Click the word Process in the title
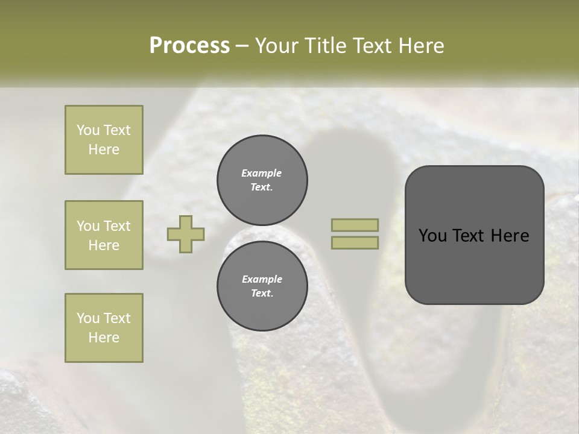pyautogui.click(x=189, y=46)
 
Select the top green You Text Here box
pyautogui.click(x=104, y=140)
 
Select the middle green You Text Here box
pyautogui.click(x=104, y=235)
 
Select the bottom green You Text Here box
pyautogui.click(x=104, y=327)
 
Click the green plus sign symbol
pyautogui.click(x=186, y=234)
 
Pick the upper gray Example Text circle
pyautogui.click(x=262, y=180)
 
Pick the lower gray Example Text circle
pyautogui.click(x=262, y=286)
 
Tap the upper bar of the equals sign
pyautogui.click(x=355, y=225)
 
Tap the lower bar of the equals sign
pyautogui.click(x=355, y=242)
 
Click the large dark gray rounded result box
pyautogui.click(x=474, y=265)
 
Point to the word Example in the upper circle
pyautogui.click(x=262, y=173)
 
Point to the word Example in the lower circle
pyautogui.click(x=262, y=279)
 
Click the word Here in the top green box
pyautogui.click(x=104, y=149)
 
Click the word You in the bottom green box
pyautogui.click(x=88, y=318)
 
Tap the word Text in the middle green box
pyautogui.click(x=116, y=226)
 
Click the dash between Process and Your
pyautogui.click(x=242, y=46)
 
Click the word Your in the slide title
pyautogui.click(x=276, y=46)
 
